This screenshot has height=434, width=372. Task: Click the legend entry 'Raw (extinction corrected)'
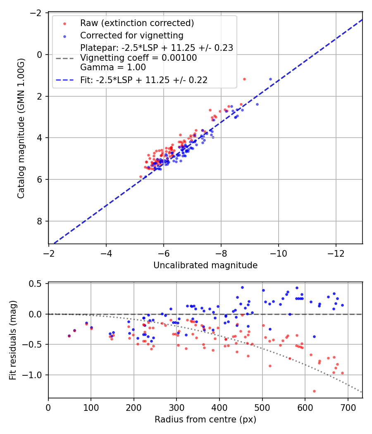[137, 23]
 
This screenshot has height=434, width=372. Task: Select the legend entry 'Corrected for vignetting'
[131, 35]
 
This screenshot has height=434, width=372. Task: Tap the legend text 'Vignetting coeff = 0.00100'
[138, 58]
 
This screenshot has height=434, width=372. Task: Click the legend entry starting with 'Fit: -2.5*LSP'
[143, 80]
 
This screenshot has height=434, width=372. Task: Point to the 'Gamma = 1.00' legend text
[113, 67]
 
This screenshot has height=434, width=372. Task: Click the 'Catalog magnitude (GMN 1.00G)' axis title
[21, 128]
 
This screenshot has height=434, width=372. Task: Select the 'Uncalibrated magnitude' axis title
[205, 265]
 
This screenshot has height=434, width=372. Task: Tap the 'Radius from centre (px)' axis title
[205, 420]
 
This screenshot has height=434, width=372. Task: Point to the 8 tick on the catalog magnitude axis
[41, 221]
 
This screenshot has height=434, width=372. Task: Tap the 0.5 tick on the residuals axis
[38, 284]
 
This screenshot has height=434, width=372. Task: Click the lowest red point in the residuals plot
[314, 391]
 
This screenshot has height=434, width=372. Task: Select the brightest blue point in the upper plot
[271, 79]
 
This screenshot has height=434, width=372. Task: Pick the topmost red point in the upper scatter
[244, 79]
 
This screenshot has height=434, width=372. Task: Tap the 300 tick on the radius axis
[176, 408]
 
